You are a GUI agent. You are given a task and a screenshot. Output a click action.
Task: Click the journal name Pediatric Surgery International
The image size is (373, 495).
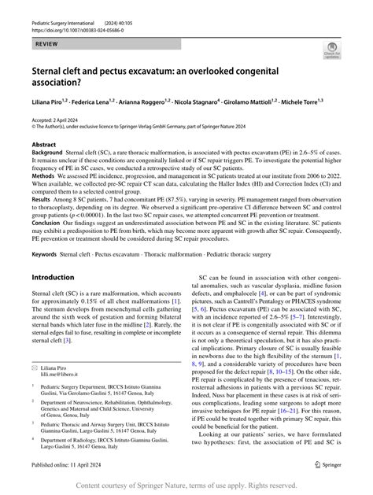click(x=68, y=8)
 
